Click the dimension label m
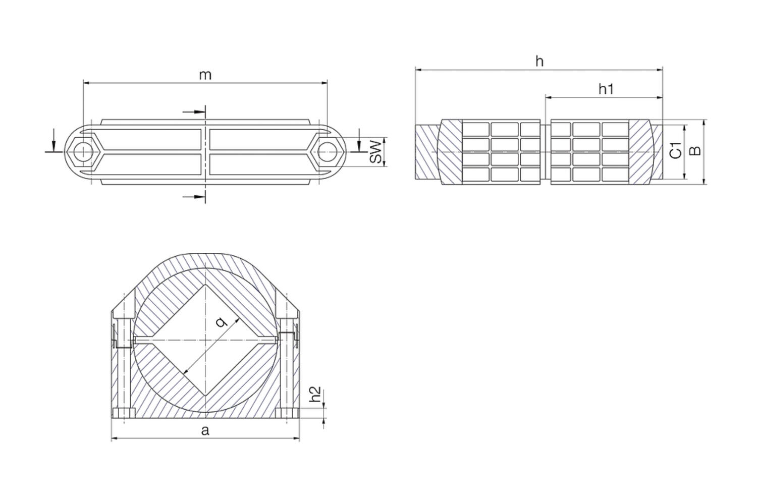(x=205, y=75)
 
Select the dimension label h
(x=539, y=62)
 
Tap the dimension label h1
(x=606, y=89)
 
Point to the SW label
(x=376, y=152)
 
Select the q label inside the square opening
(x=221, y=321)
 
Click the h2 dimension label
(x=315, y=394)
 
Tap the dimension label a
(x=205, y=430)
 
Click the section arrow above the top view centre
(x=195, y=112)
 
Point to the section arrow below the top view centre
(x=195, y=196)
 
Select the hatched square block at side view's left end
(x=427, y=152)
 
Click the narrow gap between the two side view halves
(x=546, y=152)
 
